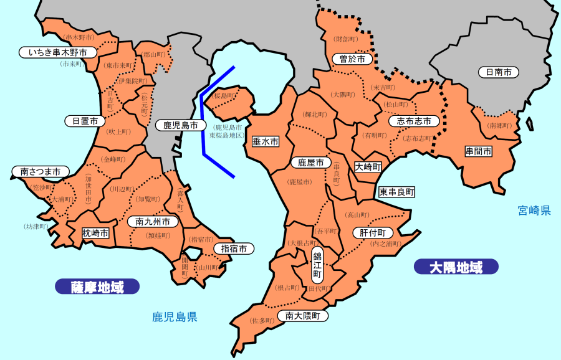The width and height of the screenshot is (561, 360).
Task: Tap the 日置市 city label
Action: click(85, 121)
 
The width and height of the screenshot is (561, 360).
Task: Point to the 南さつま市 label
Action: click(41, 171)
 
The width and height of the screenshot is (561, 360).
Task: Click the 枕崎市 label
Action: click(96, 233)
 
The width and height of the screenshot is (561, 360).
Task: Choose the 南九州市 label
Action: click(153, 221)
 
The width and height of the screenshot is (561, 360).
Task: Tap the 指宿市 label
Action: click(234, 249)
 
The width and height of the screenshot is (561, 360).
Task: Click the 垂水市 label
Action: click(265, 142)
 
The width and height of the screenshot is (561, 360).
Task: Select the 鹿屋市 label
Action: click(310, 163)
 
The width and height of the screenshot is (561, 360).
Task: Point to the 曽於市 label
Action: click(352, 59)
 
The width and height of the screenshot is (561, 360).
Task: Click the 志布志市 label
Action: click(414, 121)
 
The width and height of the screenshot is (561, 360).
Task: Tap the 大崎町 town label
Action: click(368, 167)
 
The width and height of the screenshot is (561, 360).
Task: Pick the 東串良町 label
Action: click(397, 192)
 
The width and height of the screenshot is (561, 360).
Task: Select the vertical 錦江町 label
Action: click(317, 265)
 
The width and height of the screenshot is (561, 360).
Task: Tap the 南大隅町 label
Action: click(303, 316)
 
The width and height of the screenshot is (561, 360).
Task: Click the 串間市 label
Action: click(479, 151)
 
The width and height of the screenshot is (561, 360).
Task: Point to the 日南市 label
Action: click(499, 72)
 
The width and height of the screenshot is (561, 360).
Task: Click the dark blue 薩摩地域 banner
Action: click(97, 287)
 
